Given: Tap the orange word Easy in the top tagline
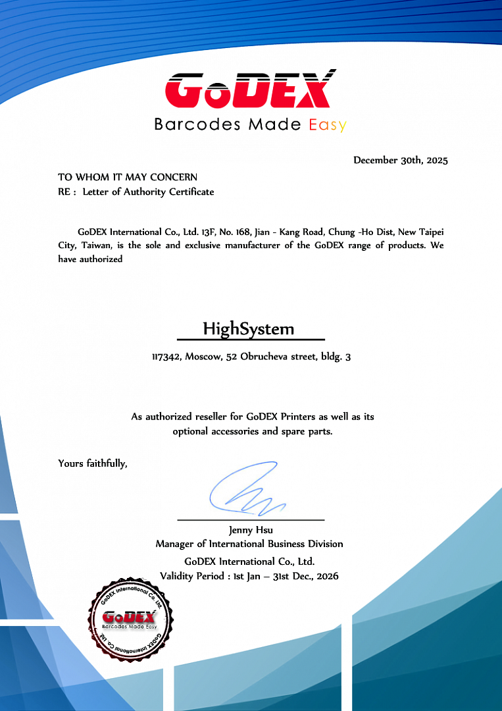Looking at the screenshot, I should pos(328,124).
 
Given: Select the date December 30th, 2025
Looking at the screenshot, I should pos(400,160).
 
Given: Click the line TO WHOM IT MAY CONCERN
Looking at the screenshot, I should pos(128,177).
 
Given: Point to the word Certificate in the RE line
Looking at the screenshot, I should pos(191,192).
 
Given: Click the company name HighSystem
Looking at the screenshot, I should pos(249,329).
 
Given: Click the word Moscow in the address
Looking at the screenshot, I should pos(204,357).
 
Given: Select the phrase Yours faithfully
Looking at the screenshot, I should pos(92,463).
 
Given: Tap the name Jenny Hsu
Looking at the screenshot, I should pos(251,530).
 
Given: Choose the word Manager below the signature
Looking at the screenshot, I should pos(174,544).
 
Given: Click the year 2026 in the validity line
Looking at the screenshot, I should pos(327,576).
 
